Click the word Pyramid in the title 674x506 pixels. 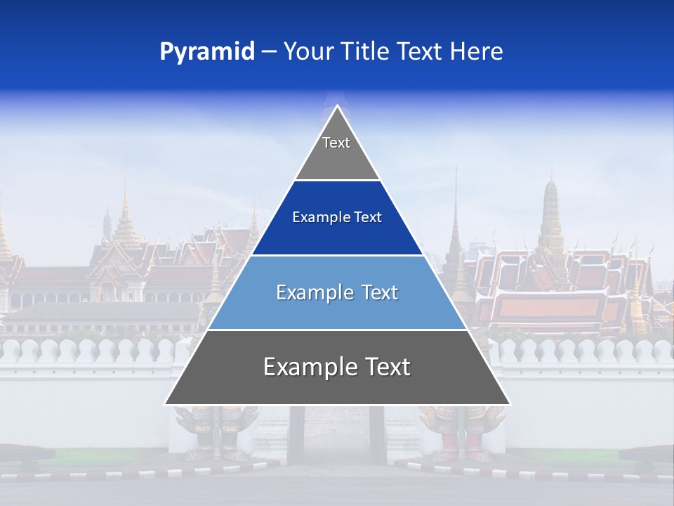click(206, 52)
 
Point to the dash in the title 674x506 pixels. click(268, 52)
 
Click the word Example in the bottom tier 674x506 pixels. click(306, 367)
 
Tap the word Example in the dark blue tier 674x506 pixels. click(320, 218)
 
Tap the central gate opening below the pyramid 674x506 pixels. click(337, 436)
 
